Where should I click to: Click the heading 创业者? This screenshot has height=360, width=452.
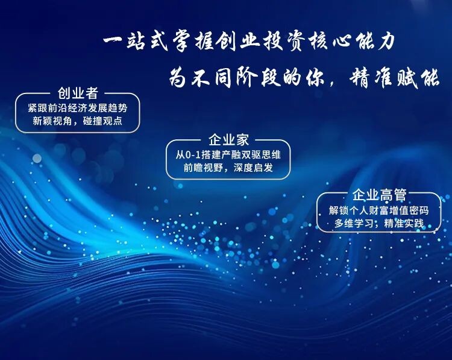point(78,93)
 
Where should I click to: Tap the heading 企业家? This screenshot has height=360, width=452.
point(228,140)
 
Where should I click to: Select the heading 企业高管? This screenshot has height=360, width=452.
point(379,195)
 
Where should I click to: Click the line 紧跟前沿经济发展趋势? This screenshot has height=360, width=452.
point(78,108)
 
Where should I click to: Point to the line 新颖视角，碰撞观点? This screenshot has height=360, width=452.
point(78,121)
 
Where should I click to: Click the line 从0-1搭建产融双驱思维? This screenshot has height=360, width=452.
point(228,155)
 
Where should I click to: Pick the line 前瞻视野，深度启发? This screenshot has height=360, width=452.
point(228,168)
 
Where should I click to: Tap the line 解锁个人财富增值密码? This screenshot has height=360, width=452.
point(379,210)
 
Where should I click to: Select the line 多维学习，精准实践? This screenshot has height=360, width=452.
point(379,223)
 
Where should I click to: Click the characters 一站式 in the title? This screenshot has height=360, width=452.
point(135,42)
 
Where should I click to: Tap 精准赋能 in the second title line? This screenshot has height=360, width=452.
point(394,78)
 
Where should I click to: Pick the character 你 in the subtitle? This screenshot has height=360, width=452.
point(316,78)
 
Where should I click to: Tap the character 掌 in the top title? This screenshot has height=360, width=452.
point(181,42)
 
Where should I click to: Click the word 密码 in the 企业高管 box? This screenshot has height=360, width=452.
point(419,210)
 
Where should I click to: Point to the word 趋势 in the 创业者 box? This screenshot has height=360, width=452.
point(118,108)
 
